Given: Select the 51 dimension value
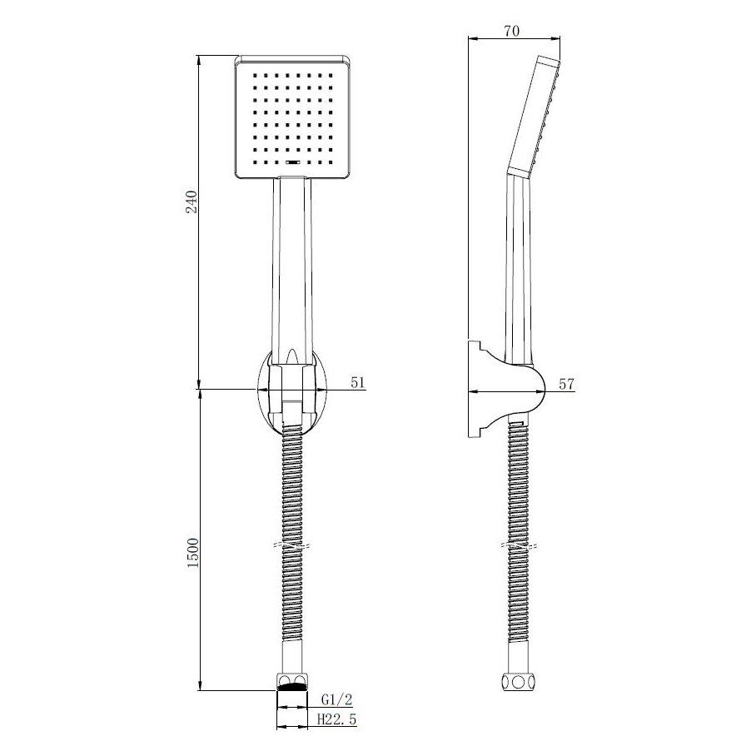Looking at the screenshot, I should point(359,382).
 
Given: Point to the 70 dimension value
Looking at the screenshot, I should point(511,31).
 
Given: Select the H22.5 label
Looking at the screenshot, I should point(338,720).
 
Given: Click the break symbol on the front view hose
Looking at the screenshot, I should point(291,546).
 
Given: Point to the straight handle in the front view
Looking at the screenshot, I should point(291,266).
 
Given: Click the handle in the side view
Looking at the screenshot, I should point(517,266).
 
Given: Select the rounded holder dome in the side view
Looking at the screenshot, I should point(529,390).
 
